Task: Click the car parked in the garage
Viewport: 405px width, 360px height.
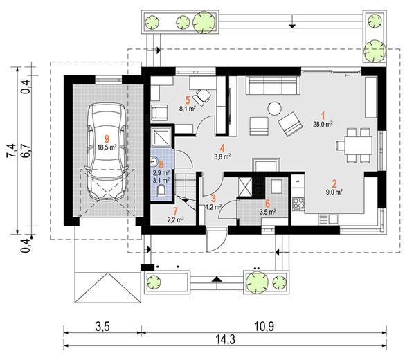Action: (x=107, y=152)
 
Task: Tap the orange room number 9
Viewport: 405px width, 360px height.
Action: (x=107, y=139)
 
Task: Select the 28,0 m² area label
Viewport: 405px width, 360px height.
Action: (x=323, y=124)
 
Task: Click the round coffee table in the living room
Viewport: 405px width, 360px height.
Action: (x=274, y=109)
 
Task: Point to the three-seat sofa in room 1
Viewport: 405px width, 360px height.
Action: (x=273, y=85)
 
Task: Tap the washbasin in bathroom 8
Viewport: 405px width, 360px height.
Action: (x=154, y=161)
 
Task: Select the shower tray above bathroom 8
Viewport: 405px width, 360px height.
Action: (x=161, y=138)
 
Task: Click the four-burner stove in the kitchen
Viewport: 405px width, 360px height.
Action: (x=298, y=204)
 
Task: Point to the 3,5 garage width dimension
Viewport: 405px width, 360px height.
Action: (x=102, y=327)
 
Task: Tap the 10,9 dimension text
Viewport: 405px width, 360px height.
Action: (x=264, y=327)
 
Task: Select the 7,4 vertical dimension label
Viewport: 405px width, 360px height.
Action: (x=12, y=150)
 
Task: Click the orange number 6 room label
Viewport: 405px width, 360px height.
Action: (x=267, y=204)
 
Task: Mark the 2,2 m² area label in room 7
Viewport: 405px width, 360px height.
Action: (x=176, y=219)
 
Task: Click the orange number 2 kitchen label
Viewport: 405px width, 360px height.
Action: (x=334, y=184)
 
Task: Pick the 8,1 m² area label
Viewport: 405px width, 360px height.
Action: (x=188, y=109)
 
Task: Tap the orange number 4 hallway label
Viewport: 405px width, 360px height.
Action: (x=222, y=148)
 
